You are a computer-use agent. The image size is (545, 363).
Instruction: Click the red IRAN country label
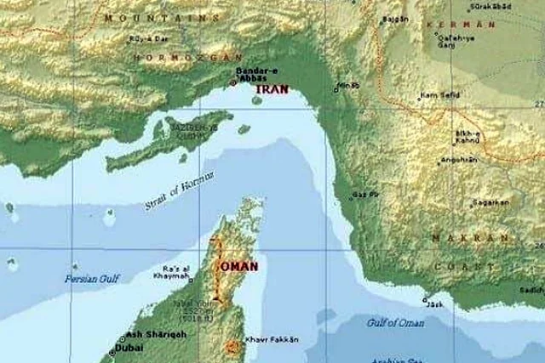pos(272,88)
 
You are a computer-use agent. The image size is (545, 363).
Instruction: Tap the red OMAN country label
pos(239,266)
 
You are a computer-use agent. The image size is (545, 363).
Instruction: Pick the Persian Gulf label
pos(93,279)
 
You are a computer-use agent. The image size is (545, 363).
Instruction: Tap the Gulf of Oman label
pos(395,322)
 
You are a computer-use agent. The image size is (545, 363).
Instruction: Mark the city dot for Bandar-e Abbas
pos(233,83)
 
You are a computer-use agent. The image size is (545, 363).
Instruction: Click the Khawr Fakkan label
pos(272,340)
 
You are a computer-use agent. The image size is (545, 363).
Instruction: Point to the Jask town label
pos(435,303)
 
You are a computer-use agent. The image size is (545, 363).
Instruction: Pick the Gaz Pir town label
pos(365,194)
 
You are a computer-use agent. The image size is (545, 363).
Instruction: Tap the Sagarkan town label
pos(491,203)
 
